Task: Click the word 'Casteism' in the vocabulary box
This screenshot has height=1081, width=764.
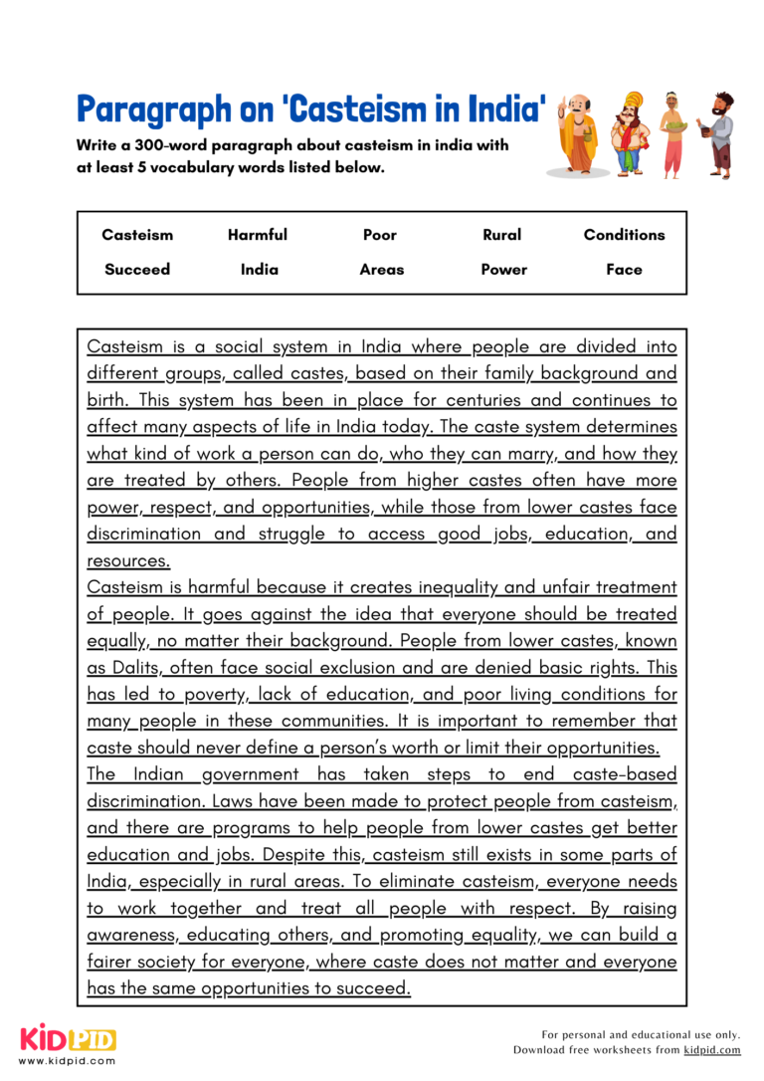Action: pos(137,235)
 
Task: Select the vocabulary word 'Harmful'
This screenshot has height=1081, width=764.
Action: pos(257,235)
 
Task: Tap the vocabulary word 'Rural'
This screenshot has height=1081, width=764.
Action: pos(501,235)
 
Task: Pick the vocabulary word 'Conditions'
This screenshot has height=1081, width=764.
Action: pos(624,235)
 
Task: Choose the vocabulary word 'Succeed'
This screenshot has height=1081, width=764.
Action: pos(137,269)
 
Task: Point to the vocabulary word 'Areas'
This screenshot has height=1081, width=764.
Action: pos(382,269)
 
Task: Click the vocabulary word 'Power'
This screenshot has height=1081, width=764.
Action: pos(503,269)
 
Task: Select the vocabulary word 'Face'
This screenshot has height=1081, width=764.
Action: pos(624,269)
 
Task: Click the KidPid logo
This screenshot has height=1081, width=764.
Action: pos(68,1040)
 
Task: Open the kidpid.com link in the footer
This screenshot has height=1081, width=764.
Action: pos(712,1050)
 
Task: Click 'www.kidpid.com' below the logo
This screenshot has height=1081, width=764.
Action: pos(67,1061)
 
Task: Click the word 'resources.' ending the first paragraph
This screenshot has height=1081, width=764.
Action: pos(128,561)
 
